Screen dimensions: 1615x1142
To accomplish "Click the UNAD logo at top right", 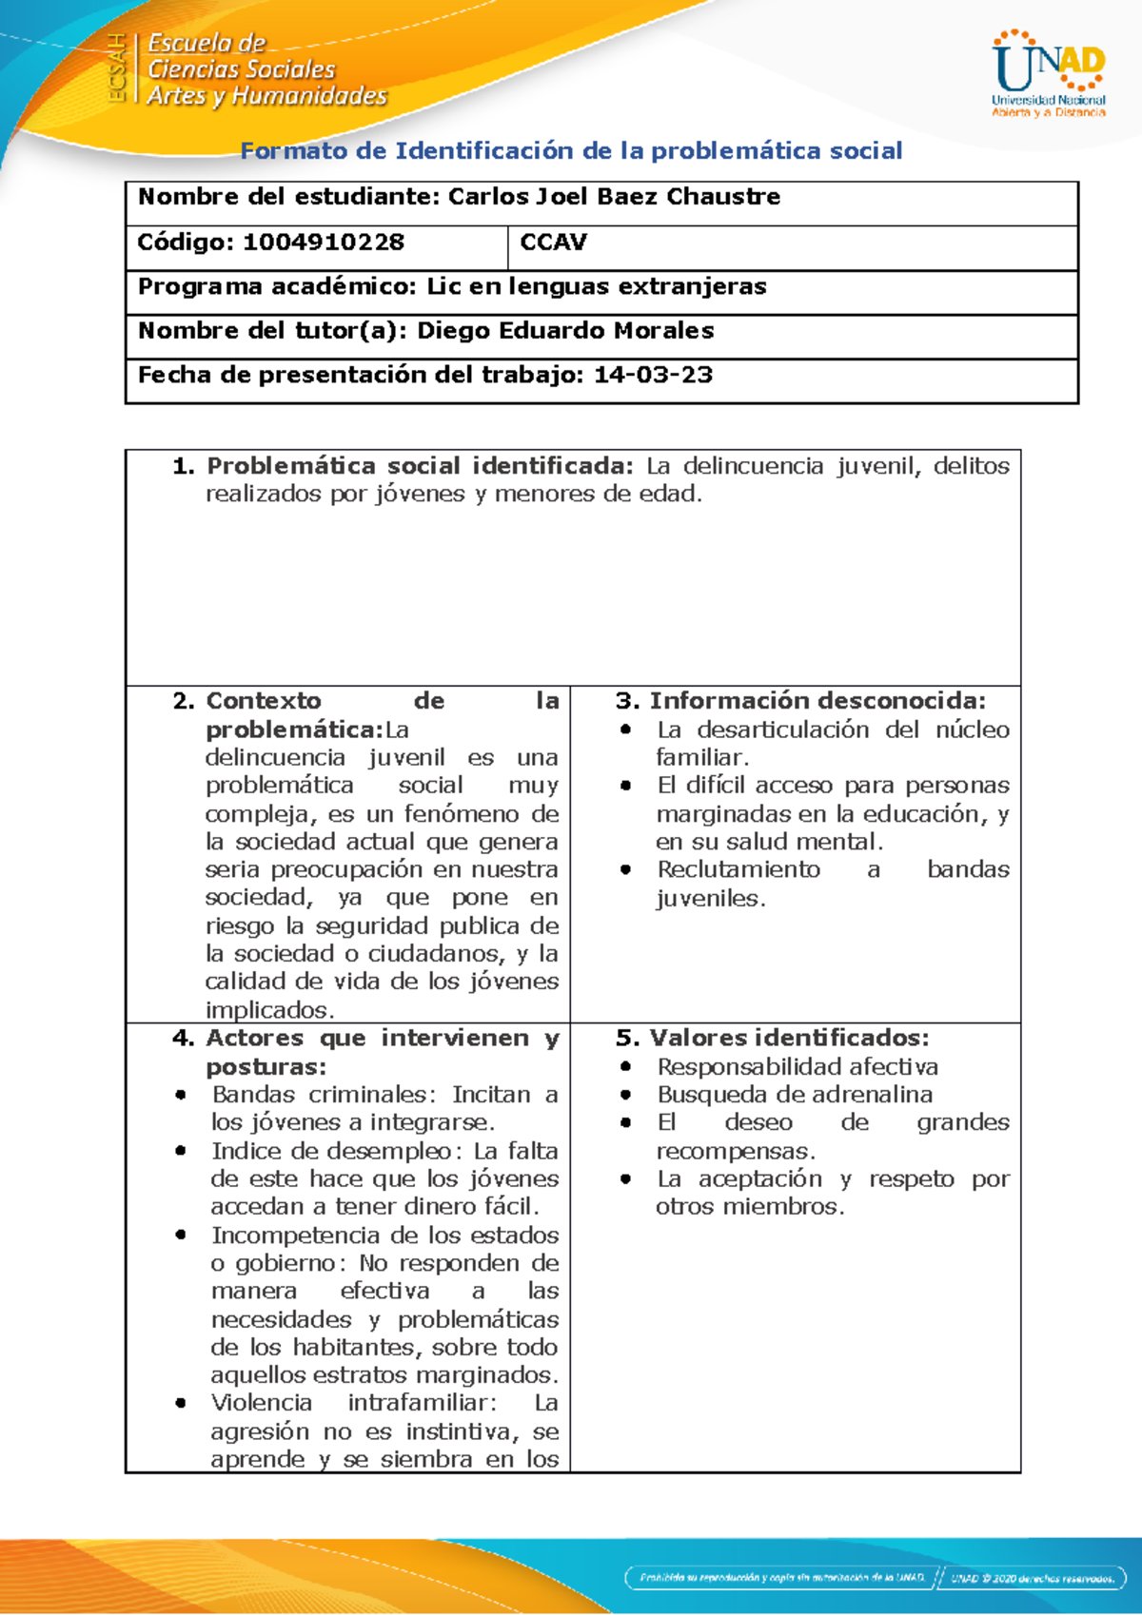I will pos(1049,74).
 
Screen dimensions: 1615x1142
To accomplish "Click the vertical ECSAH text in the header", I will pos(117,68).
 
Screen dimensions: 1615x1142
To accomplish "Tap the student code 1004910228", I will pos(323,243).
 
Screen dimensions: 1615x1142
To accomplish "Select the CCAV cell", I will pos(553,243).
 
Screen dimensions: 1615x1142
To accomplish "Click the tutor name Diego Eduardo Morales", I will pos(565,331).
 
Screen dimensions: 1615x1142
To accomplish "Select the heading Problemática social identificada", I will pos(419,466).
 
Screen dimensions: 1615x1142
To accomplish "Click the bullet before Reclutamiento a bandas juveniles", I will pos(625,869).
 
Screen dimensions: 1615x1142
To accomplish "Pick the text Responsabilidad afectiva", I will pos(797,1066).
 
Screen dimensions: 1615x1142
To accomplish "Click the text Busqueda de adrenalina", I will pos(795,1094).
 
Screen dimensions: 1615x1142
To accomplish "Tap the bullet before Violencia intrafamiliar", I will pos(181,1403).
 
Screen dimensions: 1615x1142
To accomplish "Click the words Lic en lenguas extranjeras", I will pos(596,286).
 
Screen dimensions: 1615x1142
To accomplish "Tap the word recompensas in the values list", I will pos(734,1151).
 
